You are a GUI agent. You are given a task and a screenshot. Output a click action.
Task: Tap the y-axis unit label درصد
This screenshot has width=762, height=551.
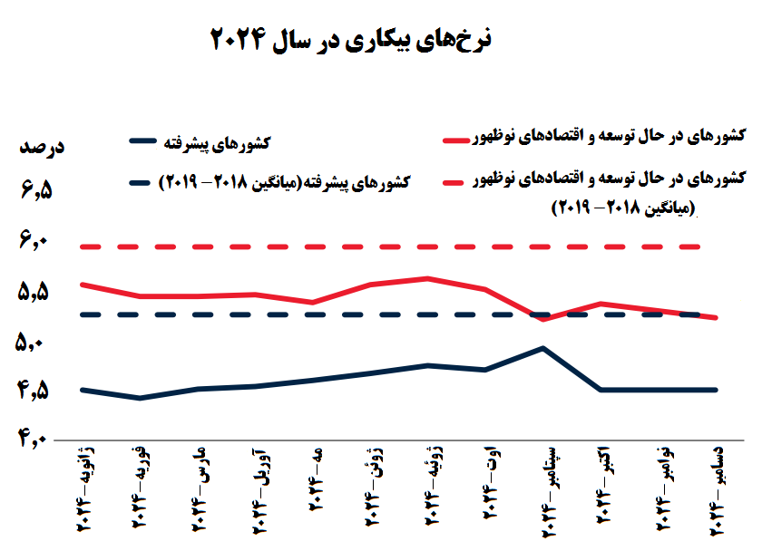pos(41,147)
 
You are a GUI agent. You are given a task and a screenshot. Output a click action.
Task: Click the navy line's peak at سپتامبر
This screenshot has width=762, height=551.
pos(542,348)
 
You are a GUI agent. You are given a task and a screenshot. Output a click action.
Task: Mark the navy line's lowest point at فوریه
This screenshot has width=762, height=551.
pos(139,398)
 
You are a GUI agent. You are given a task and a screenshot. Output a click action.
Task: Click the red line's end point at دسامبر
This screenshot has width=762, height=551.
pos(717,318)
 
